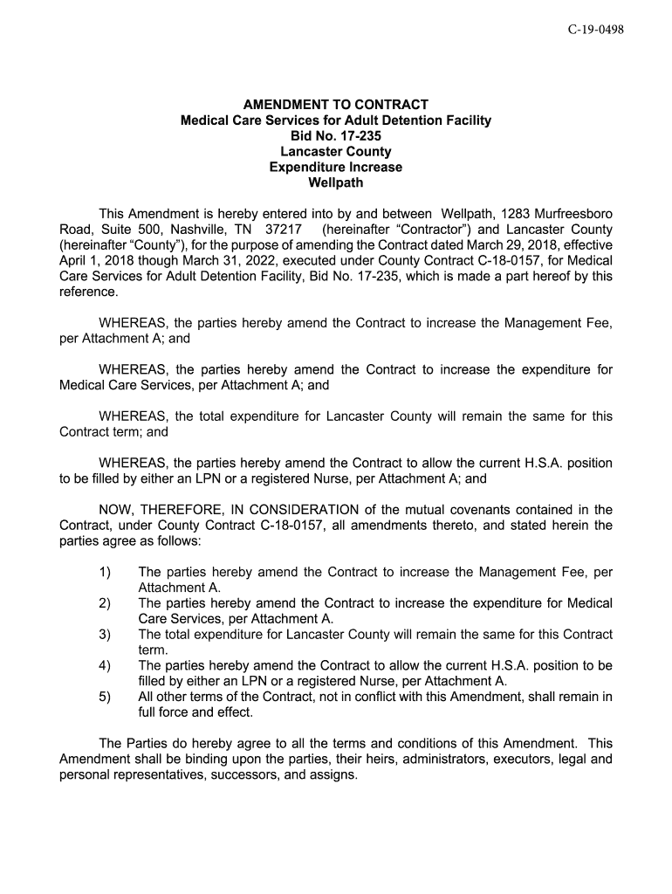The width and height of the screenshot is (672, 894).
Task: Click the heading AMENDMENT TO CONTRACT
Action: coord(336,105)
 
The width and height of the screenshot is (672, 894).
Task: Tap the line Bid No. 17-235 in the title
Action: coord(336,136)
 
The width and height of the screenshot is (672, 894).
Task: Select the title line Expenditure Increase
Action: coord(336,168)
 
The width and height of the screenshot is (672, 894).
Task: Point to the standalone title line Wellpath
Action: coord(336,183)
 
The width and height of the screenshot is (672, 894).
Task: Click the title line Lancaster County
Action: coord(336,152)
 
